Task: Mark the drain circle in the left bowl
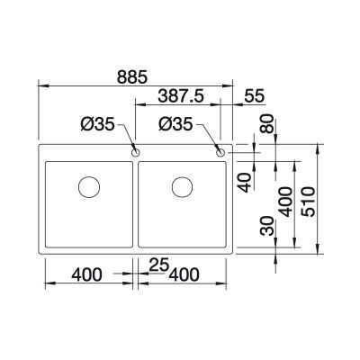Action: tap(88, 187)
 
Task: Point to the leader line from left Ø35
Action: tap(128, 139)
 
